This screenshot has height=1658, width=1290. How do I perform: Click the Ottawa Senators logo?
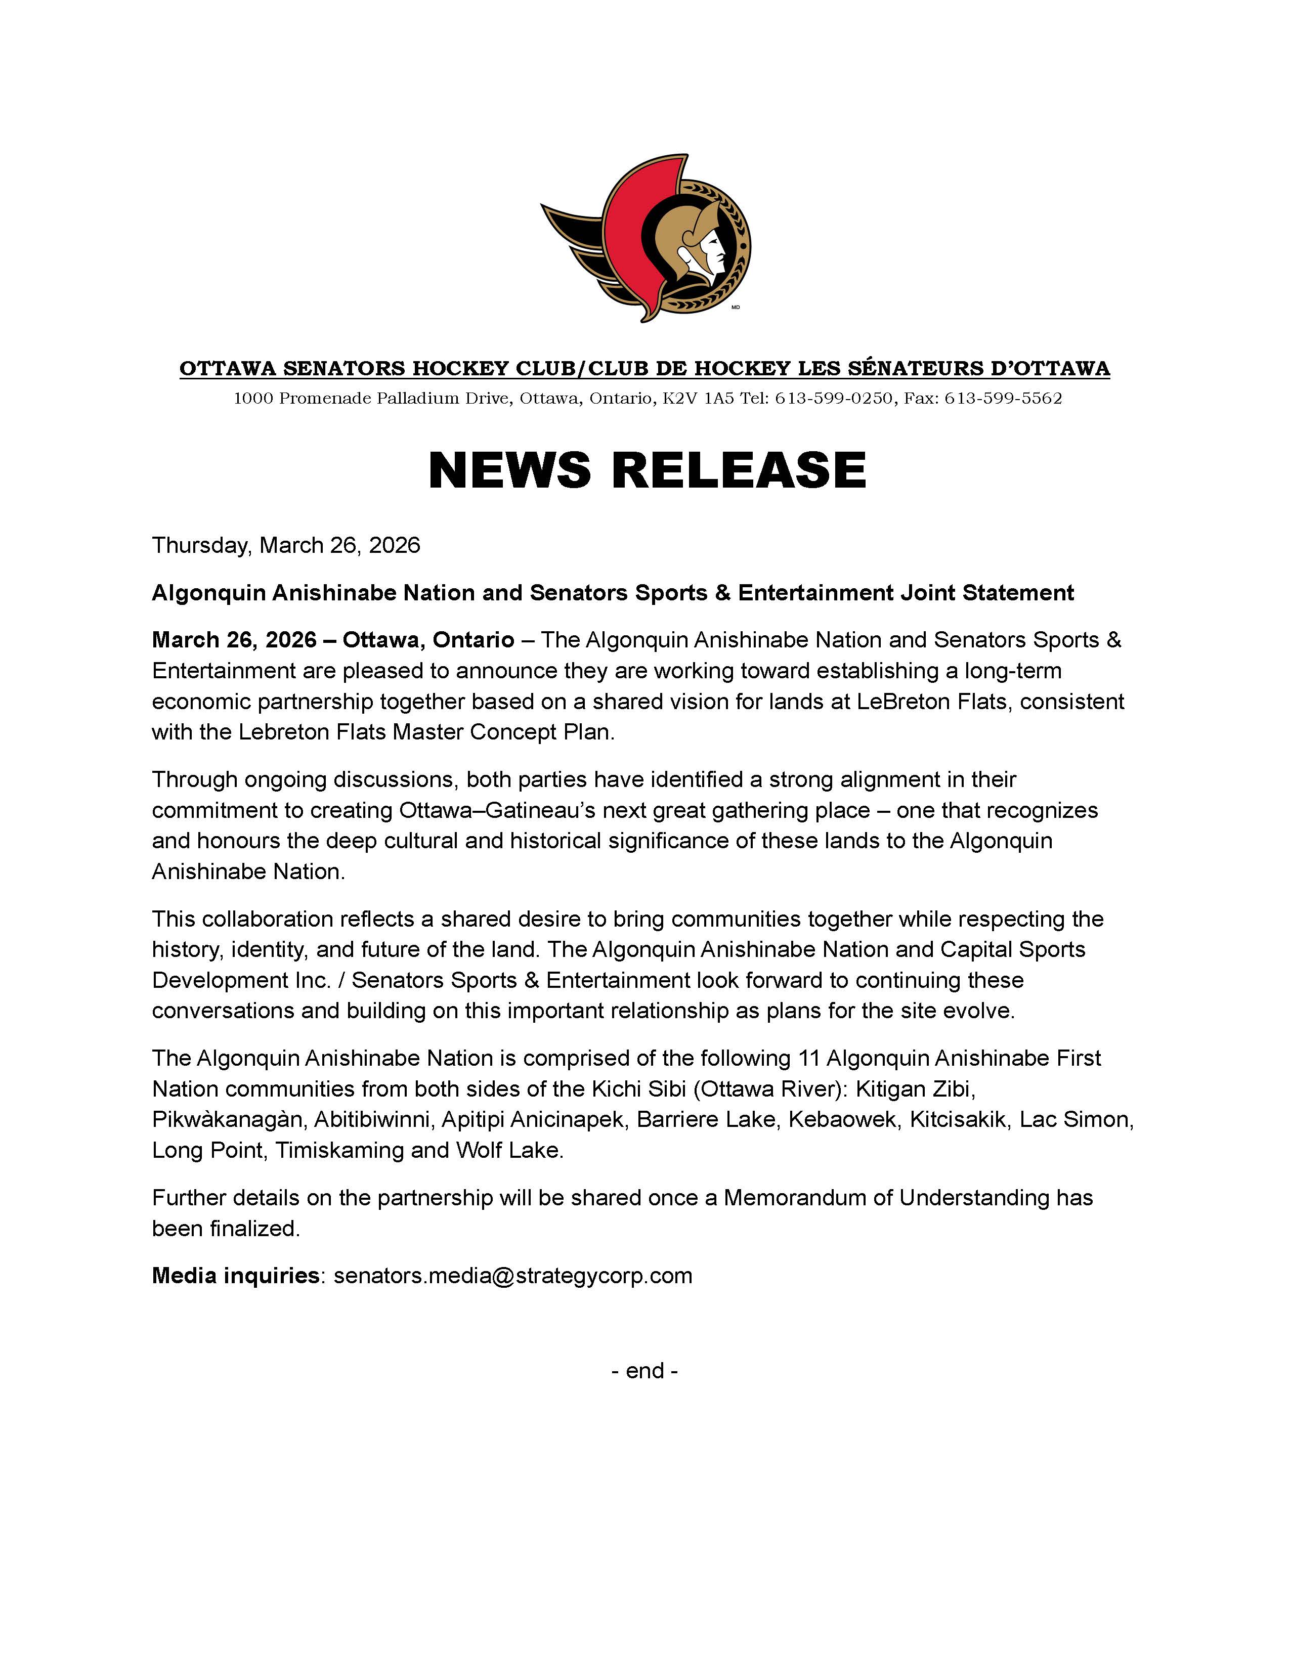click(646, 238)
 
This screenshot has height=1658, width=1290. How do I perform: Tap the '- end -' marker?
click(644, 1370)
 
